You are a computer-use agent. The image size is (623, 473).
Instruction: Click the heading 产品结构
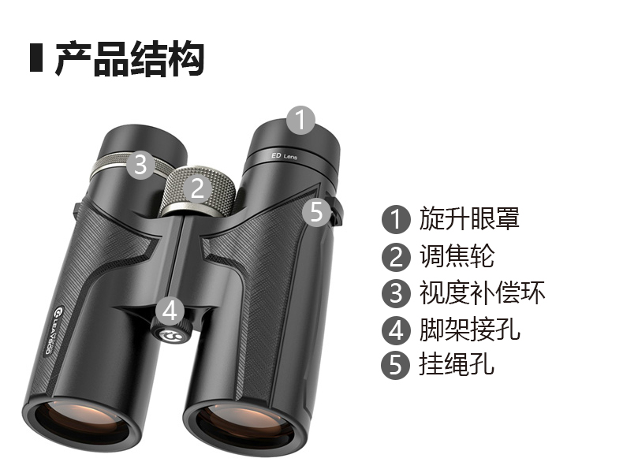[x=129, y=58]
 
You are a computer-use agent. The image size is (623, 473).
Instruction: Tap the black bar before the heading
[x=36, y=58]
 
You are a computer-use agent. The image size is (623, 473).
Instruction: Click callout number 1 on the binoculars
[x=301, y=120]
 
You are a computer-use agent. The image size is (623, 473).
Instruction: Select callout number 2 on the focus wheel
[x=197, y=188]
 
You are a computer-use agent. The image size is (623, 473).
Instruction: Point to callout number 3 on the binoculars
[x=141, y=164]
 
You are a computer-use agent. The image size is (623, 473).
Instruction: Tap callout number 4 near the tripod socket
[x=170, y=311]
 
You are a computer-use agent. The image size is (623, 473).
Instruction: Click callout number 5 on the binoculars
[x=316, y=212]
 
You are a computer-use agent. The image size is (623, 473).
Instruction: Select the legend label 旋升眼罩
[x=469, y=218]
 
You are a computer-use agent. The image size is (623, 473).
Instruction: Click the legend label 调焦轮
[x=457, y=255]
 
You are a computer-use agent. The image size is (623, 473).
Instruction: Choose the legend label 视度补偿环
[x=482, y=292]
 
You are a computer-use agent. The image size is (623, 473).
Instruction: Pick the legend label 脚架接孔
[x=469, y=330]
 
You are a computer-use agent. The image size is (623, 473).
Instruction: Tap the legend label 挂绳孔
[x=457, y=363]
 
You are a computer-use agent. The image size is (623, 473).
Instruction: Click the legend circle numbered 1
[x=396, y=219]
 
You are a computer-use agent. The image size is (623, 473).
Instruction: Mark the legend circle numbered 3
[x=396, y=293]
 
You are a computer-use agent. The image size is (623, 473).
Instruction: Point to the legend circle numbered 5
[x=395, y=365]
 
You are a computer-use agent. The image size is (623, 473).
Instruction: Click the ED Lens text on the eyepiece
[x=284, y=156]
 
